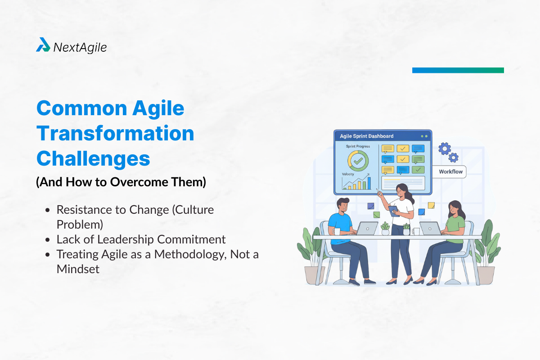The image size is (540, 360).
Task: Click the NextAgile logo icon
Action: (43, 45)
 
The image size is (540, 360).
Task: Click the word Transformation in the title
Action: (115, 134)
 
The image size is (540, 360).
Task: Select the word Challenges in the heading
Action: (93, 158)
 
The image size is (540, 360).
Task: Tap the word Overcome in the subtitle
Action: (132, 183)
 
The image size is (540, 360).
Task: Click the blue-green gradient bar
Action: (458, 70)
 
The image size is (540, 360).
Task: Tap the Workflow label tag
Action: (450, 171)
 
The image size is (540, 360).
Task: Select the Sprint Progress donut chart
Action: (358, 160)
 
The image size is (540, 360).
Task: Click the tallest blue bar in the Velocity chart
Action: (369, 183)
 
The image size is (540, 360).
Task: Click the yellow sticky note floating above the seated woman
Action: (431, 205)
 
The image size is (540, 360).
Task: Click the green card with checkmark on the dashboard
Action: (418, 170)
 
